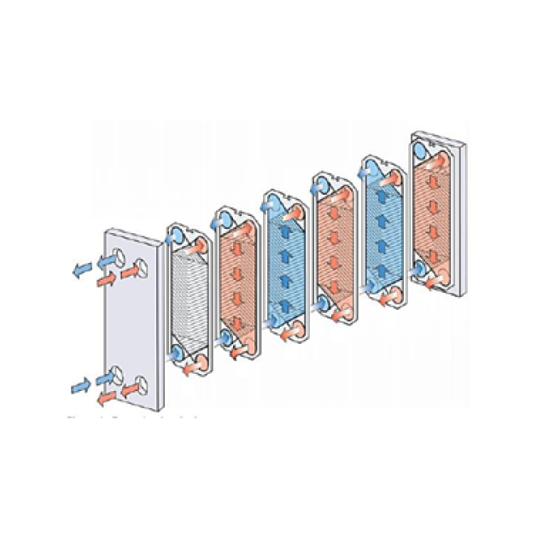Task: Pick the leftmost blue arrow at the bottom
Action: [81, 386]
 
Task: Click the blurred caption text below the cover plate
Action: [132, 418]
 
